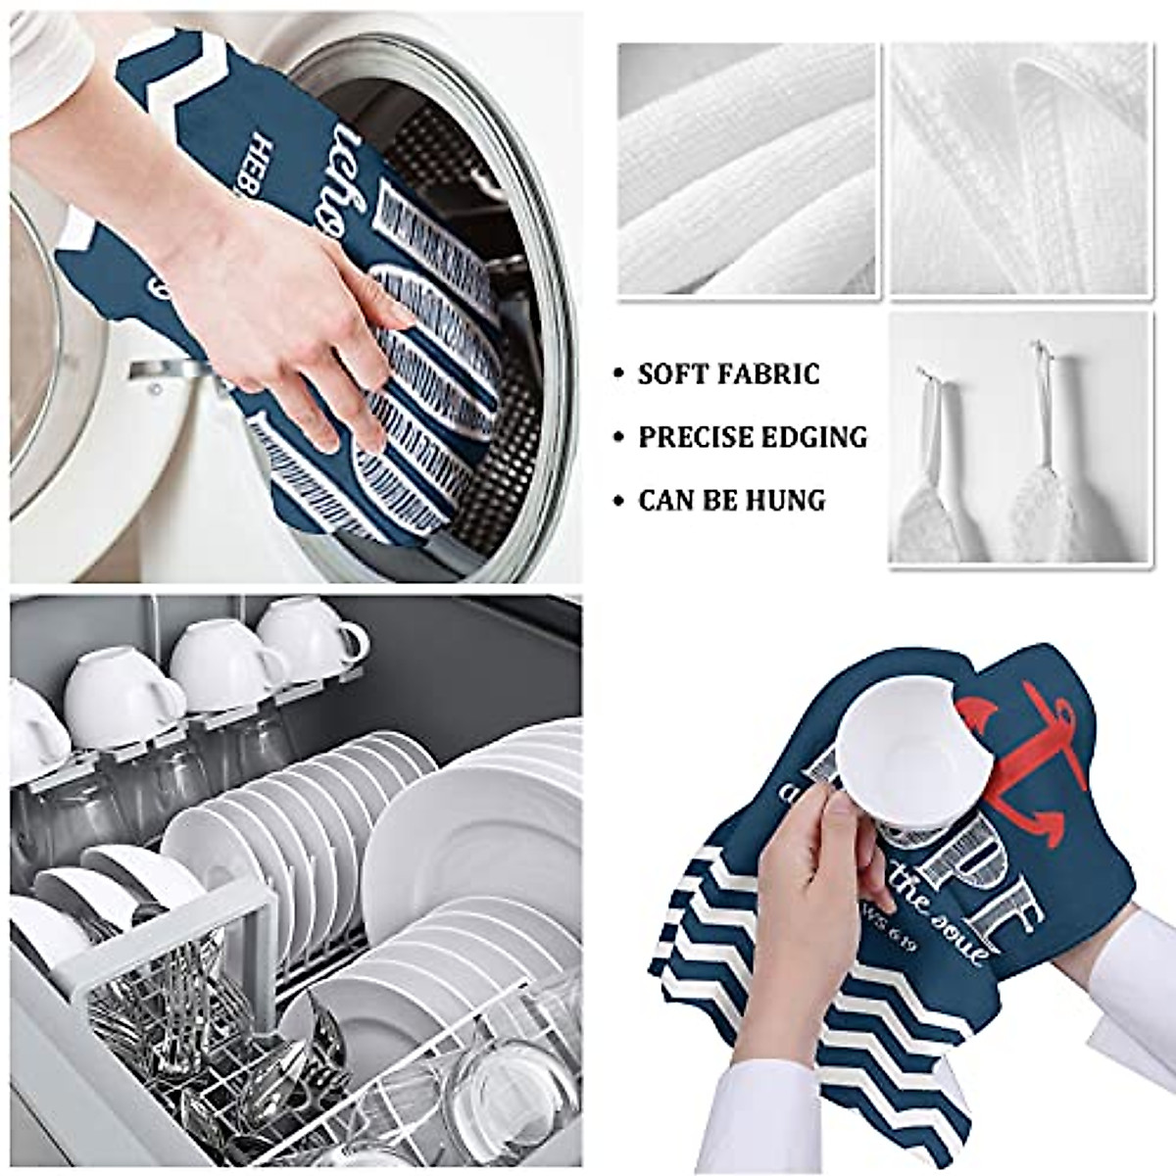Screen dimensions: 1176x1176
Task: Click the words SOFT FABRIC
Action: coord(728,374)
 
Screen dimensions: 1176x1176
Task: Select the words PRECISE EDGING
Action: coord(753,437)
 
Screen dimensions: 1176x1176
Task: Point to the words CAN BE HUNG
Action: coord(731,501)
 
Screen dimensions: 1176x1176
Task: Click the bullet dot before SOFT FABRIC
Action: coord(616,375)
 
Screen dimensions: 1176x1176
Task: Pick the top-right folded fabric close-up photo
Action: coord(1019,169)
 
